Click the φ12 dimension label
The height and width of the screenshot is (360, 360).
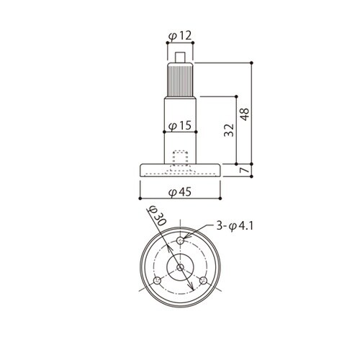[x=180, y=36]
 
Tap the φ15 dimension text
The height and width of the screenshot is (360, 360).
[x=180, y=125]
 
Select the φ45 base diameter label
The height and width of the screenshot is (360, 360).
[x=180, y=192]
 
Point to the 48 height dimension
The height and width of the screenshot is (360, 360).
[x=245, y=114]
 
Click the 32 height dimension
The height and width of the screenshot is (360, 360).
[x=229, y=130]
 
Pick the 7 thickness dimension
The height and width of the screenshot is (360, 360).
[x=245, y=170]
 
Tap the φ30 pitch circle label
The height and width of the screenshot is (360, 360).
[x=157, y=216]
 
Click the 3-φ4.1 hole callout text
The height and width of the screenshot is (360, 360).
[x=235, y=226]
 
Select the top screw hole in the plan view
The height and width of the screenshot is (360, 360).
[x=180, y=240]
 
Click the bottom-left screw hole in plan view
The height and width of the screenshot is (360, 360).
[x=157, y=280]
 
